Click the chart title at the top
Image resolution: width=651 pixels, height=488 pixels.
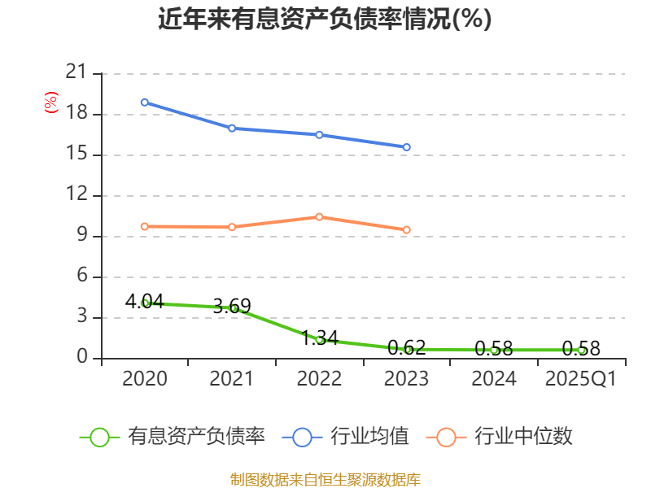click(x=325, y=20)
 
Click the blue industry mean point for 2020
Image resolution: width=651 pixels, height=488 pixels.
click(x=144, y=102)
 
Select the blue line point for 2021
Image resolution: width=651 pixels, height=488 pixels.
click(x=232, y=129)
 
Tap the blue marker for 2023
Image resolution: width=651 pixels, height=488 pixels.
click(x=407, y=147)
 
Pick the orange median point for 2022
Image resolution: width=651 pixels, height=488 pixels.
click(x=319, y=217)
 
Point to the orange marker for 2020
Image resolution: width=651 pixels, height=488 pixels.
click(x=144, y=227)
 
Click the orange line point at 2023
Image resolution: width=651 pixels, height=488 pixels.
click(x=407, y=230)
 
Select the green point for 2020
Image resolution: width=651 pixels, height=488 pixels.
click(x=145, y=303)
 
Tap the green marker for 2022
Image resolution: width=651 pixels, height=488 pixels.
click(x=319, y=340)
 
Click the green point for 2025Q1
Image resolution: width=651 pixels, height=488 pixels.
click(x=581, y=350)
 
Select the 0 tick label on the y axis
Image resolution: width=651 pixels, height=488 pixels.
click(x=81, y=358)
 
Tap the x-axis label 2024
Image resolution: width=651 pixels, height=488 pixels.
click(x=494, y=379)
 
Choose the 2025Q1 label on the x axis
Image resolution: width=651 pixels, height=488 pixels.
click(x=581, y=379)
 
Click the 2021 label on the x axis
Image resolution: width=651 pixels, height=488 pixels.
click(x=232, y=379)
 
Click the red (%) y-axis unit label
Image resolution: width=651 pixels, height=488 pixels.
click(x=50, y=103)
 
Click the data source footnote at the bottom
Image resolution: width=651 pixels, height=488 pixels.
click(x=325, y=479)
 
